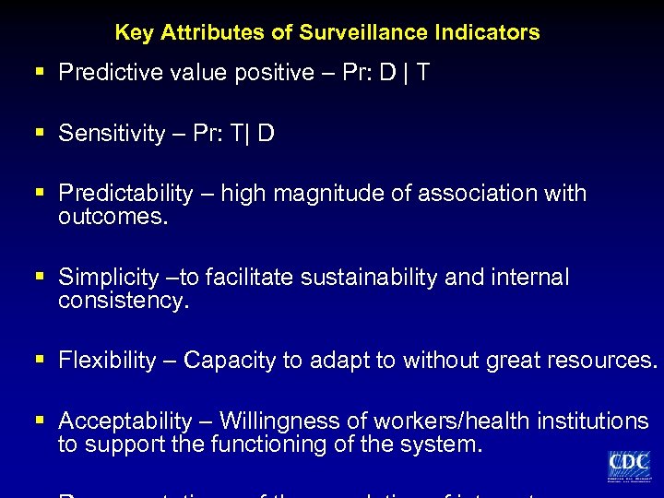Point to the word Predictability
coord(125,194)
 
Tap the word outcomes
coord(113,216)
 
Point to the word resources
coord(599,361)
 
